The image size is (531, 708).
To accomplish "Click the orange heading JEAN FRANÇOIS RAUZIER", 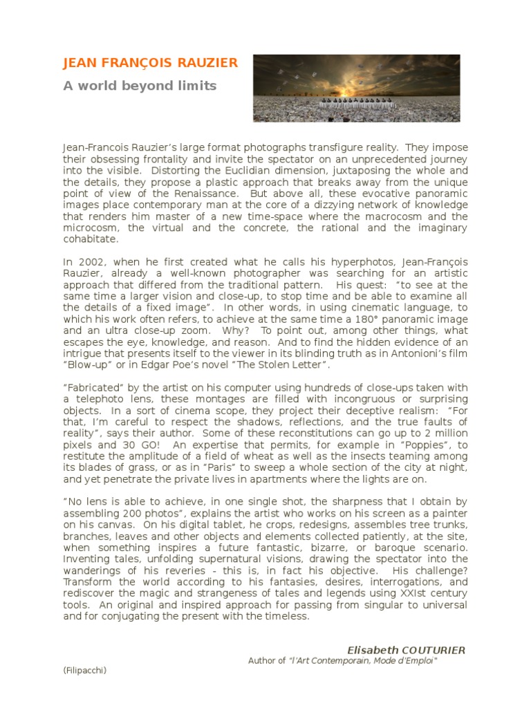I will [150, 64].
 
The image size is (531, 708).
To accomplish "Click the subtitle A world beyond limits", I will [140, 86].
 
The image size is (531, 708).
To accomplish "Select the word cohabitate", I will [91, 239].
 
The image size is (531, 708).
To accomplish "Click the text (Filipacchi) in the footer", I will [84, 670].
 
